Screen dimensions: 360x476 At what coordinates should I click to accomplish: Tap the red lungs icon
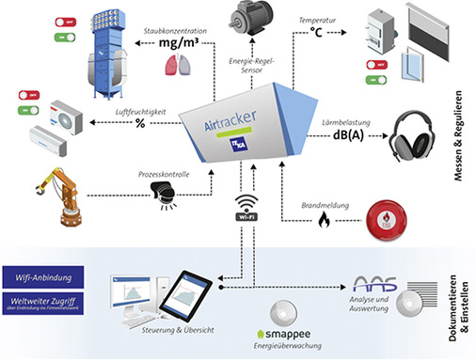(169, 64)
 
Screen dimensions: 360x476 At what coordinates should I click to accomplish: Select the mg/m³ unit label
(181, 43)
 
